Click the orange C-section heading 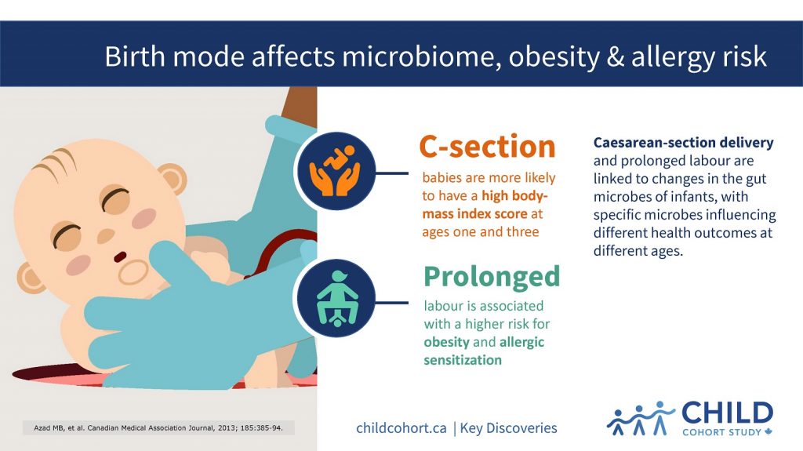487,147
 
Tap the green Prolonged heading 492,276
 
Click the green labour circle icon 332,299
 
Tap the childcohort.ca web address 401,427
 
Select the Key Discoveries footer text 509,427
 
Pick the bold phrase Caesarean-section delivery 683,143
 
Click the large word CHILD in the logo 727,413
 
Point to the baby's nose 107,235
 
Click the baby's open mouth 118,256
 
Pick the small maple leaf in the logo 768,431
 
